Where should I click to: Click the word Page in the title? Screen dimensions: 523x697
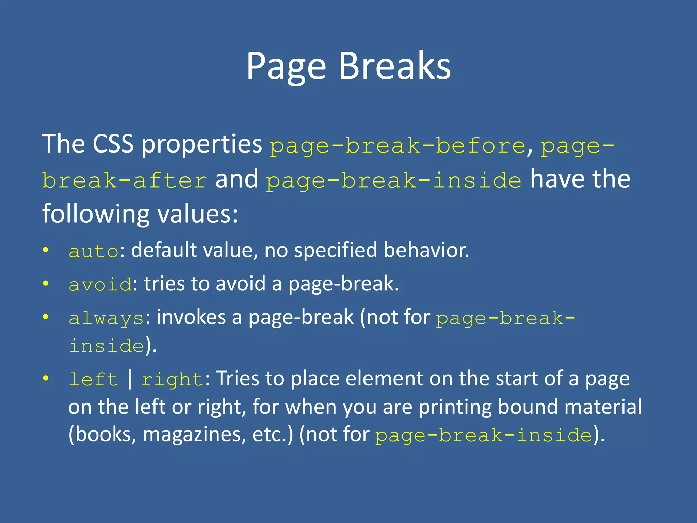(286, 66)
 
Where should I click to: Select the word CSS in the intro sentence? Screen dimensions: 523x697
(113, 144)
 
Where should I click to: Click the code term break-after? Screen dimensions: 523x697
(125, 180)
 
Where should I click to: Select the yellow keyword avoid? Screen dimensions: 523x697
(100, 285)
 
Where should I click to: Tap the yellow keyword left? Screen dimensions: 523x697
(93, 379)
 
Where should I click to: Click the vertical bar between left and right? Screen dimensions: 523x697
(130, 379)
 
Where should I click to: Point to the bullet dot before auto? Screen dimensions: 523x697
(46, 251)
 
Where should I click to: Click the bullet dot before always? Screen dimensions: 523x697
(46, 317)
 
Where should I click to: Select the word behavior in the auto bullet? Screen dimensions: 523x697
(426, 250)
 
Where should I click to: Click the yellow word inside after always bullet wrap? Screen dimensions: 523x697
(107, 346)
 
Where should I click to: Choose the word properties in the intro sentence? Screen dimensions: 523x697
(201, 144)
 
